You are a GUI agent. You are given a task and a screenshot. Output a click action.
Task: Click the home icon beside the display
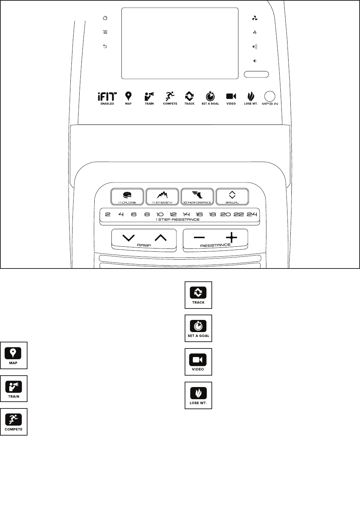[105, 18]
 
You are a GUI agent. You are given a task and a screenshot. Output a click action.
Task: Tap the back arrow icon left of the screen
[105, 46]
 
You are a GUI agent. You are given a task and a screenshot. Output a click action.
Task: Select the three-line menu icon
[105, 32]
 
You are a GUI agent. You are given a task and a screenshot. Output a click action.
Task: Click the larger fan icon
[255, 18]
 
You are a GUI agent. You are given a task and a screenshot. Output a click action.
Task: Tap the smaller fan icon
[255, 32]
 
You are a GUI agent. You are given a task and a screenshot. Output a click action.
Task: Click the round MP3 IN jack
[270, 96]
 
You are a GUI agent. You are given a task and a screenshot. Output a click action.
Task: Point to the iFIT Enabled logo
[107, 97]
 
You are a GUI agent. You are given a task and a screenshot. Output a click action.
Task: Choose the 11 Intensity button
[162, 196]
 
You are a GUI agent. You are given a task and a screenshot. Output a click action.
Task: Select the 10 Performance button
[197, 196]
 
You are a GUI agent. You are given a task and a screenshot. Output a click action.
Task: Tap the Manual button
[232, 196]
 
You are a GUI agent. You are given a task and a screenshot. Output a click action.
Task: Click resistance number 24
[252, 214]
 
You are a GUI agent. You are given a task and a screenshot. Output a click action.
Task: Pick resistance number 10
[160, 214]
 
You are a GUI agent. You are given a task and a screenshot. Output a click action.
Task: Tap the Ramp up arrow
[161, 237]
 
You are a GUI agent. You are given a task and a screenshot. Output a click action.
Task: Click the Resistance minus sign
[199, 237]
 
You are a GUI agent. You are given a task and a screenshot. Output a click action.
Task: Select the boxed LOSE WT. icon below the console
[198, 395]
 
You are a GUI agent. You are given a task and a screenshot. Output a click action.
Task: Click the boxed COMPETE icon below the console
[14, 422]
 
